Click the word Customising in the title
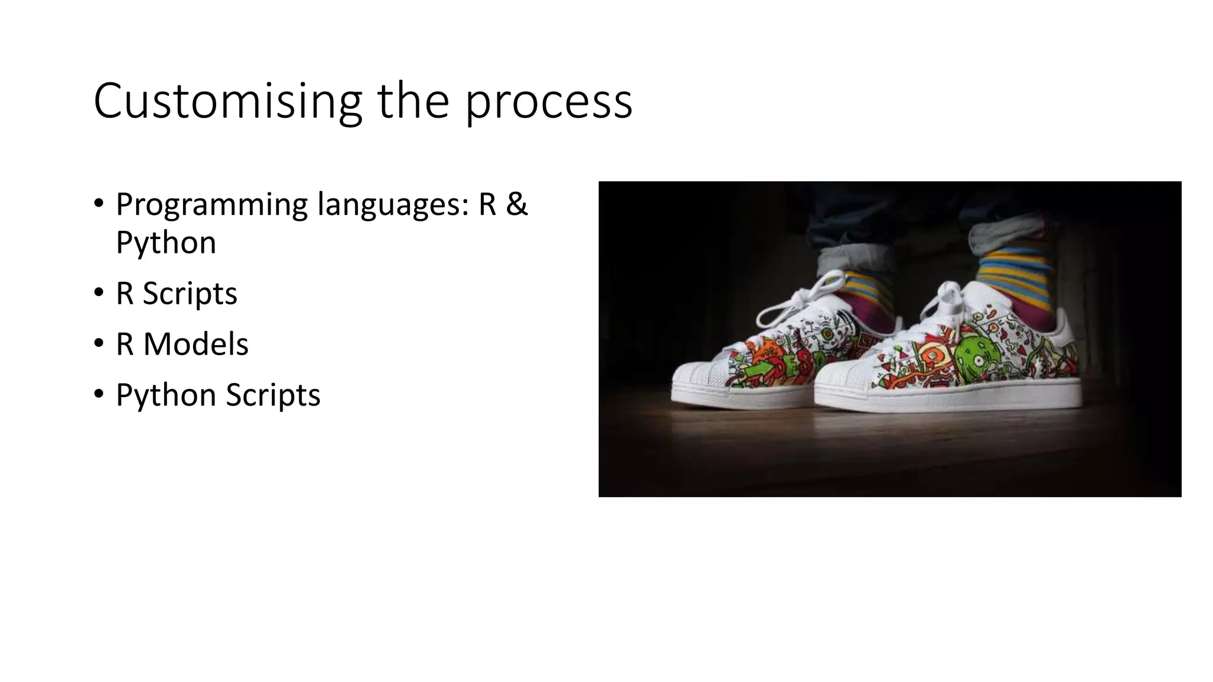(x=227, y=101)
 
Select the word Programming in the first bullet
(x=211, y=205)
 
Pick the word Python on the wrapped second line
(x=166, y=243)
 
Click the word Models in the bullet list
(x=195, y=344)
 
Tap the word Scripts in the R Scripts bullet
(x=190, y=294)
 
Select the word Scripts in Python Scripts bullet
(x=272, y=395)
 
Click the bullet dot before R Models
(x=99, y=344)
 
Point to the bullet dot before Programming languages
(x=99, y=204)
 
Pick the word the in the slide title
(x=413, y=101)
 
